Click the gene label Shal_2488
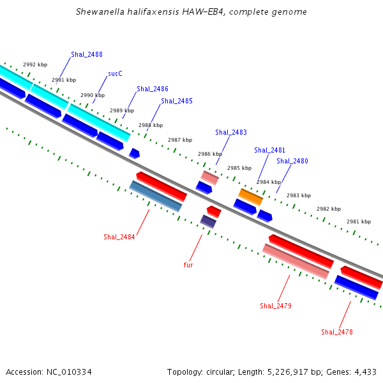pyautogui.click(x=87, y=54)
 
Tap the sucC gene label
pyautogui.click(x=115, y=73)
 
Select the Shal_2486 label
pyautogui.click(x=153, y=89)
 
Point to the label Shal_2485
pyautogui.click(x=177, y=101)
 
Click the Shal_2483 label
pyautogui.click(x=231, y=132)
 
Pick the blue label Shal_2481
pyautogui.click(x=269, y=150)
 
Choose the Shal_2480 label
pyautogui.click(x=292, y=161)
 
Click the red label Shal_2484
pyautogui.click(x=119, y=237)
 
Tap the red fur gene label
pyautogui.click(x=188, y=265)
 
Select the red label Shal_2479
pyautogui.click(x=276, y=306)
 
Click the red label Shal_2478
pyautogui.click(x=337, y=332)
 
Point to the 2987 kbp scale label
pyautogui.click(x=180, y=140)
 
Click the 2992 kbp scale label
pyautogui.click(x=35, y=64)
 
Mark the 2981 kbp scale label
pyautogui.click(x=359, y=222)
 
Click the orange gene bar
pyautogui.click(x=251, y=197)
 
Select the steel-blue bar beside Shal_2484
pyautogui.click(x=156, y=196)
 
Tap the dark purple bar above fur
pyautogui.click(x=208, y=222)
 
